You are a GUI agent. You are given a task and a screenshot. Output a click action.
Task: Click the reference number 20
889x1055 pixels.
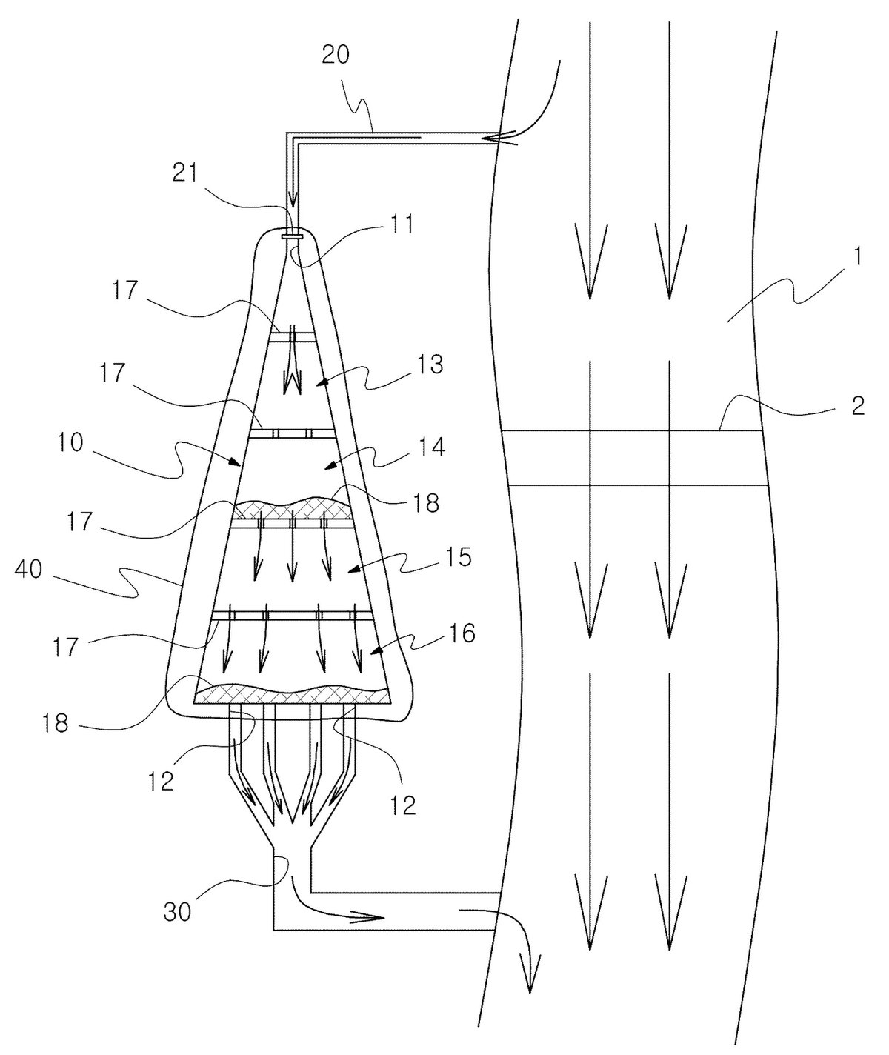(x=336, y=55)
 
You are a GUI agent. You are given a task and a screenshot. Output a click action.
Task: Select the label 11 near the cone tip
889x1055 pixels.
(x=402, y=224)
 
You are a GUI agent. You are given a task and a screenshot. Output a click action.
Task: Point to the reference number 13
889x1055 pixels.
(x=430, y=365)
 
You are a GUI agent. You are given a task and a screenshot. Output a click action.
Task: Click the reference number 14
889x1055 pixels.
(x=431, y=447)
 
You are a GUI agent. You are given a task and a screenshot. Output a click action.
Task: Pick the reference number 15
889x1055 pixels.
(x=458, y=557)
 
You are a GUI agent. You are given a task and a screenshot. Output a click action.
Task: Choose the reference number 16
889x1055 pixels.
(x=462, y=633)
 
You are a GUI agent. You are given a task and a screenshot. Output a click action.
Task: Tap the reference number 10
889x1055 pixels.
(x=70, y=443)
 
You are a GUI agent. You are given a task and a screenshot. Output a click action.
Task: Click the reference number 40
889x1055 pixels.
(x=29, y=570)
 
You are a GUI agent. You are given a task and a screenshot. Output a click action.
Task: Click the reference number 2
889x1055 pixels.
(x=858, y=406)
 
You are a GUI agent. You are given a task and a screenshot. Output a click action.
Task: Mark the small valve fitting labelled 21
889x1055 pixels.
(x=293, y=236)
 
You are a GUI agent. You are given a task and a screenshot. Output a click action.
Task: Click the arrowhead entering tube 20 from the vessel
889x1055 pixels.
(x=499, y=138)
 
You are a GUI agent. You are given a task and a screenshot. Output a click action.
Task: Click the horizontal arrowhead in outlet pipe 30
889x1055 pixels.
(x=367, y=917)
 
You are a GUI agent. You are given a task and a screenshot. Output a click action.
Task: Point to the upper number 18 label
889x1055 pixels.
(x=425, y=502)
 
